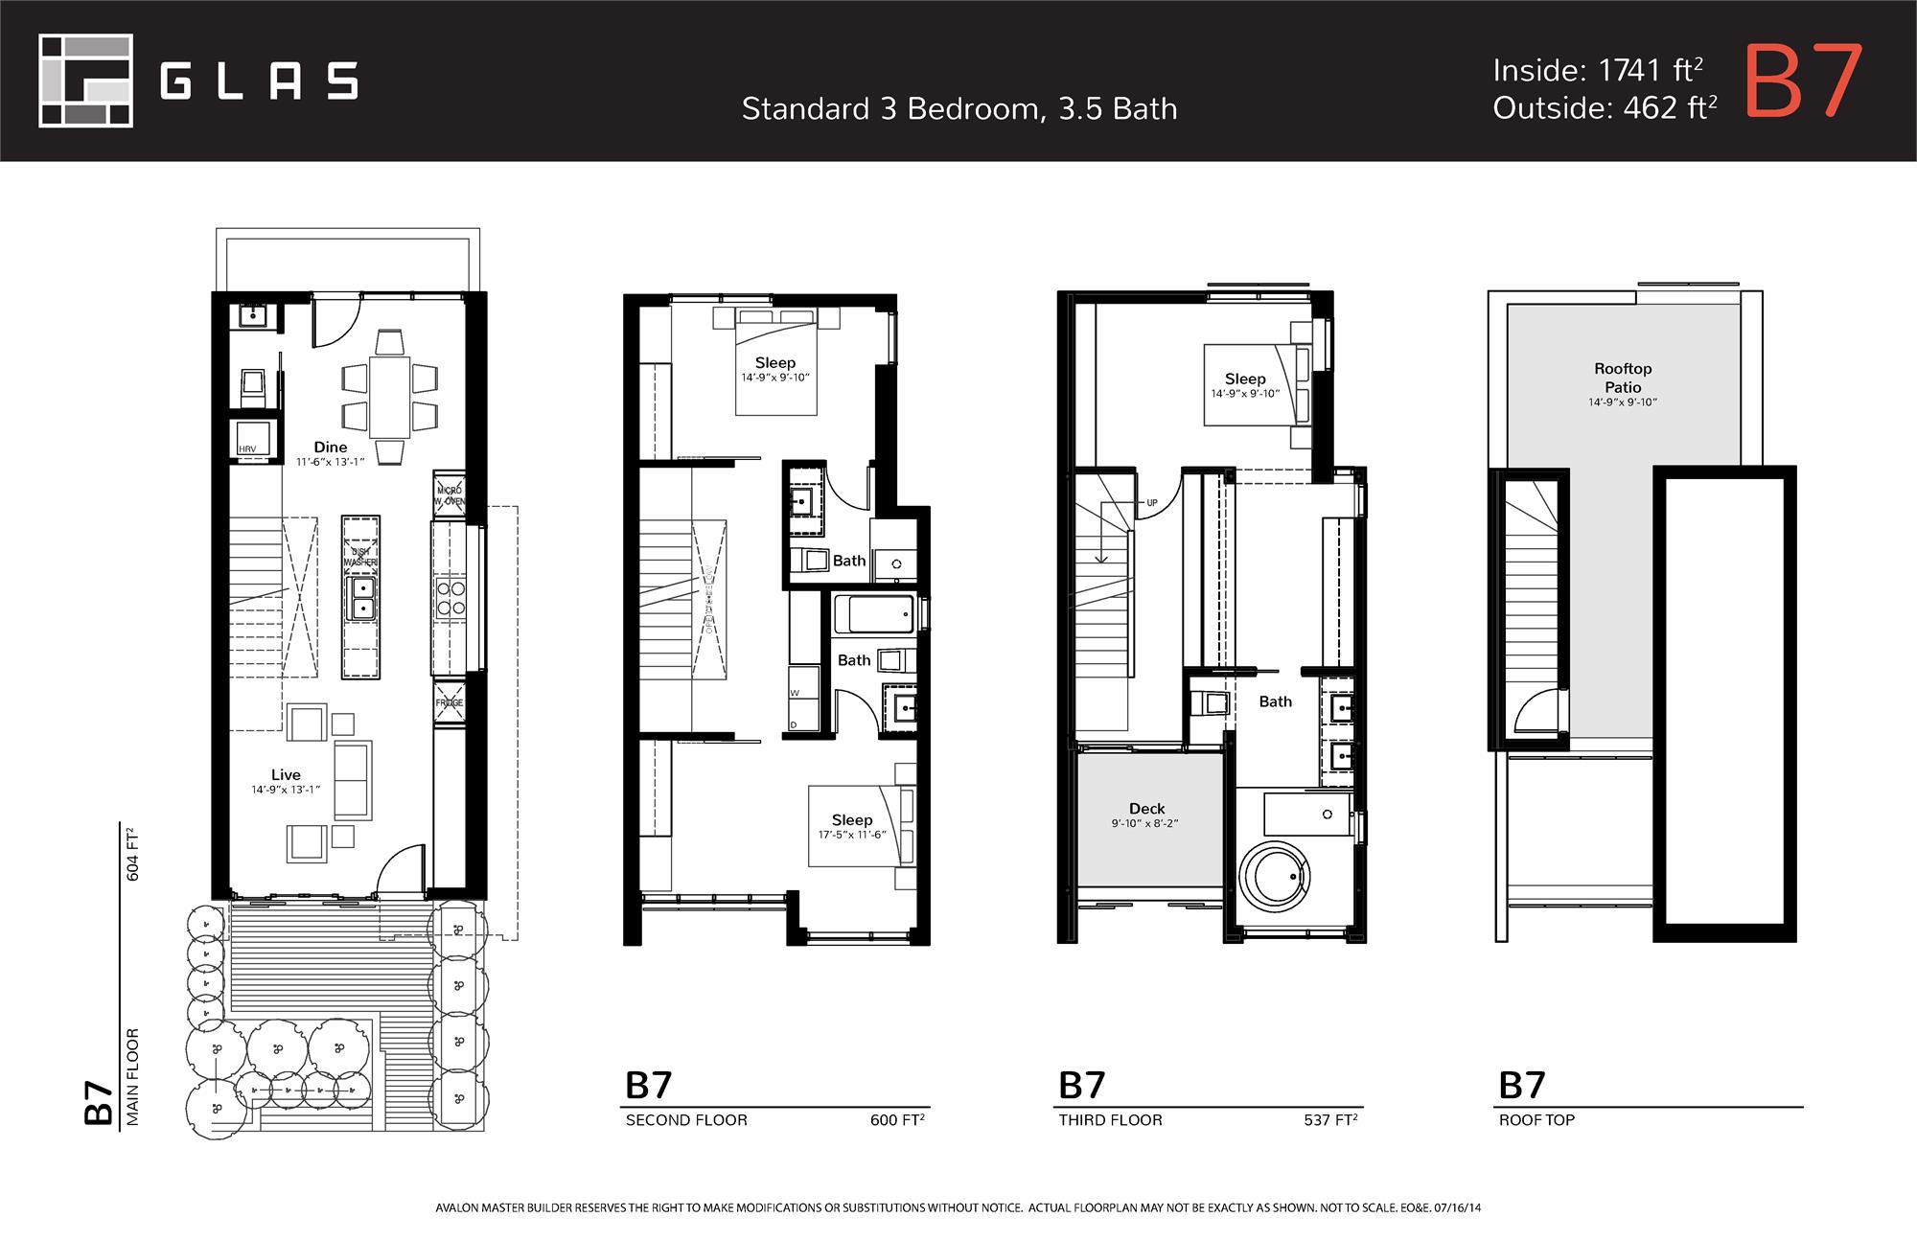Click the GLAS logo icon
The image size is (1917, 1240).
[85, 80]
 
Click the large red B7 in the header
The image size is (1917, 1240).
[1803, 82]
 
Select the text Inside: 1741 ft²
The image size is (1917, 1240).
[1597, 70]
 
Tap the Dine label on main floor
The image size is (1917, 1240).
[331, 447]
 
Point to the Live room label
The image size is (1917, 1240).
[286, 774]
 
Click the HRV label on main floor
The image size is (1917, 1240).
[247, 449]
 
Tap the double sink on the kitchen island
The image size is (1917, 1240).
[361, 598]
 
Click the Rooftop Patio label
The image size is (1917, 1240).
[1623, 378]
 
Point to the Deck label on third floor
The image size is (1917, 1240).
[1146, 809]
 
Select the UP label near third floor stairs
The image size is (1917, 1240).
[1152, 502]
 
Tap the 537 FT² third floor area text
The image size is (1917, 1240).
[1329, 1120]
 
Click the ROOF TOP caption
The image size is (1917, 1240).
[1536, 1120]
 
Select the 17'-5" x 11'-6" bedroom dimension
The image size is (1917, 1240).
[852, 835]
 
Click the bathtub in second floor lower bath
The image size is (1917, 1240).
[873, 614]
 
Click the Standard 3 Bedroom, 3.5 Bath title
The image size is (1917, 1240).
[958, 109]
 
